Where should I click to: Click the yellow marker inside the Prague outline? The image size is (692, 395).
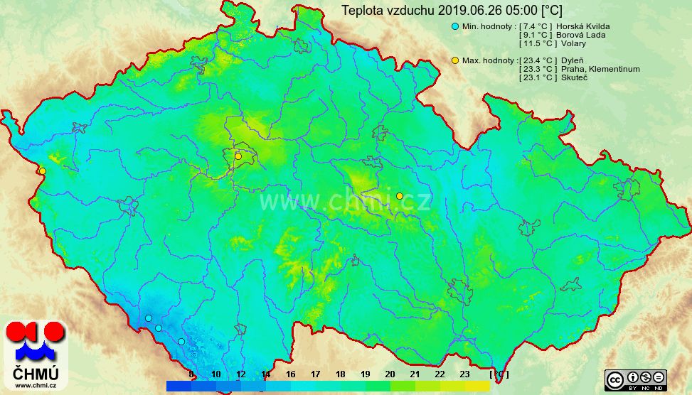coord(238,156)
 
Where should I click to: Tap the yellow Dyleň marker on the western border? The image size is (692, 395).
coord(43,171)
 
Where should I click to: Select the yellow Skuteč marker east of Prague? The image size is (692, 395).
coord(400,196)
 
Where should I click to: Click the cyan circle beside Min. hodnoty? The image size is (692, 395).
coord(455,26)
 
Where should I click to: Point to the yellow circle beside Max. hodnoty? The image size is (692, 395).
coord(455,60)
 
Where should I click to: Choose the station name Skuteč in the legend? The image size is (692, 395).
coord(575,77)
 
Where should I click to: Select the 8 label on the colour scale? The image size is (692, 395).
coord(191,374)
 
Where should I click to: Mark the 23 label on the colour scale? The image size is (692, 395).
coord(464,374)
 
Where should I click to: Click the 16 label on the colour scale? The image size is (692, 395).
coord(290,374)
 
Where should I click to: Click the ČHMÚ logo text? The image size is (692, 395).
coord(36,372)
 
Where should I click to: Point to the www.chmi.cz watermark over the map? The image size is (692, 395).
coord(345,202)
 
